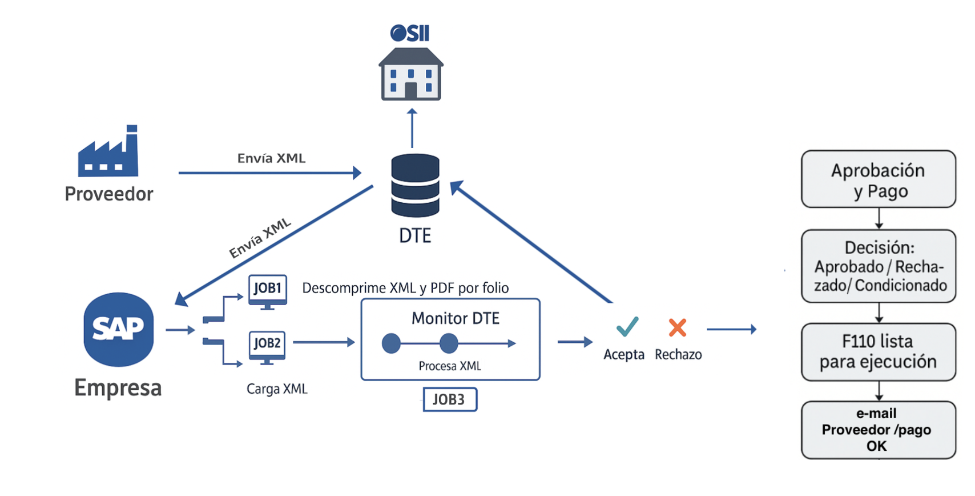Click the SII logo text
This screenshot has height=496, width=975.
[x=410, y=33]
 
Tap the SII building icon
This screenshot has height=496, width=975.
[x=411, y=75]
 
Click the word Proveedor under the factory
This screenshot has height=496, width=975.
[x=108, y=194]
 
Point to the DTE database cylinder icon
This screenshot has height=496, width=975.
[x=415, y=186]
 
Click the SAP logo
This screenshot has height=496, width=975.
[x=119, y=329]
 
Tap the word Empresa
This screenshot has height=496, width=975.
[x=118, y=388]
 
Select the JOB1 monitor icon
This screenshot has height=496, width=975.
[x=267, y=290]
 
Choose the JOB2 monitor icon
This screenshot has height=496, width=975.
[x=267, y=346]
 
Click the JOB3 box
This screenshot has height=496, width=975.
[x=449, y=399]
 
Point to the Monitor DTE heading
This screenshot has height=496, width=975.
[x=455, y=318]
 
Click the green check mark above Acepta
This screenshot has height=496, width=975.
[x=627, y=326]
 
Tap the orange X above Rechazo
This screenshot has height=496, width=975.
[x=677, y=327]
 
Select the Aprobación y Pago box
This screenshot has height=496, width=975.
[x=878, y=179]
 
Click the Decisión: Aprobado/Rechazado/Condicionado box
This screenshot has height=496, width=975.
[x=878, y=266]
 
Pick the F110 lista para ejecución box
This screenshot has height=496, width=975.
[x=878, y=352]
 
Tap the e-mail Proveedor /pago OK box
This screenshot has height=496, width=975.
[x=878, y=430]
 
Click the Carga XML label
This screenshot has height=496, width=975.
[x=277, y=389]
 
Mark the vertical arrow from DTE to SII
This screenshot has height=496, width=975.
[x=412, y=128]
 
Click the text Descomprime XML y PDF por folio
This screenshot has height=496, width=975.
[x=405, y=288]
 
